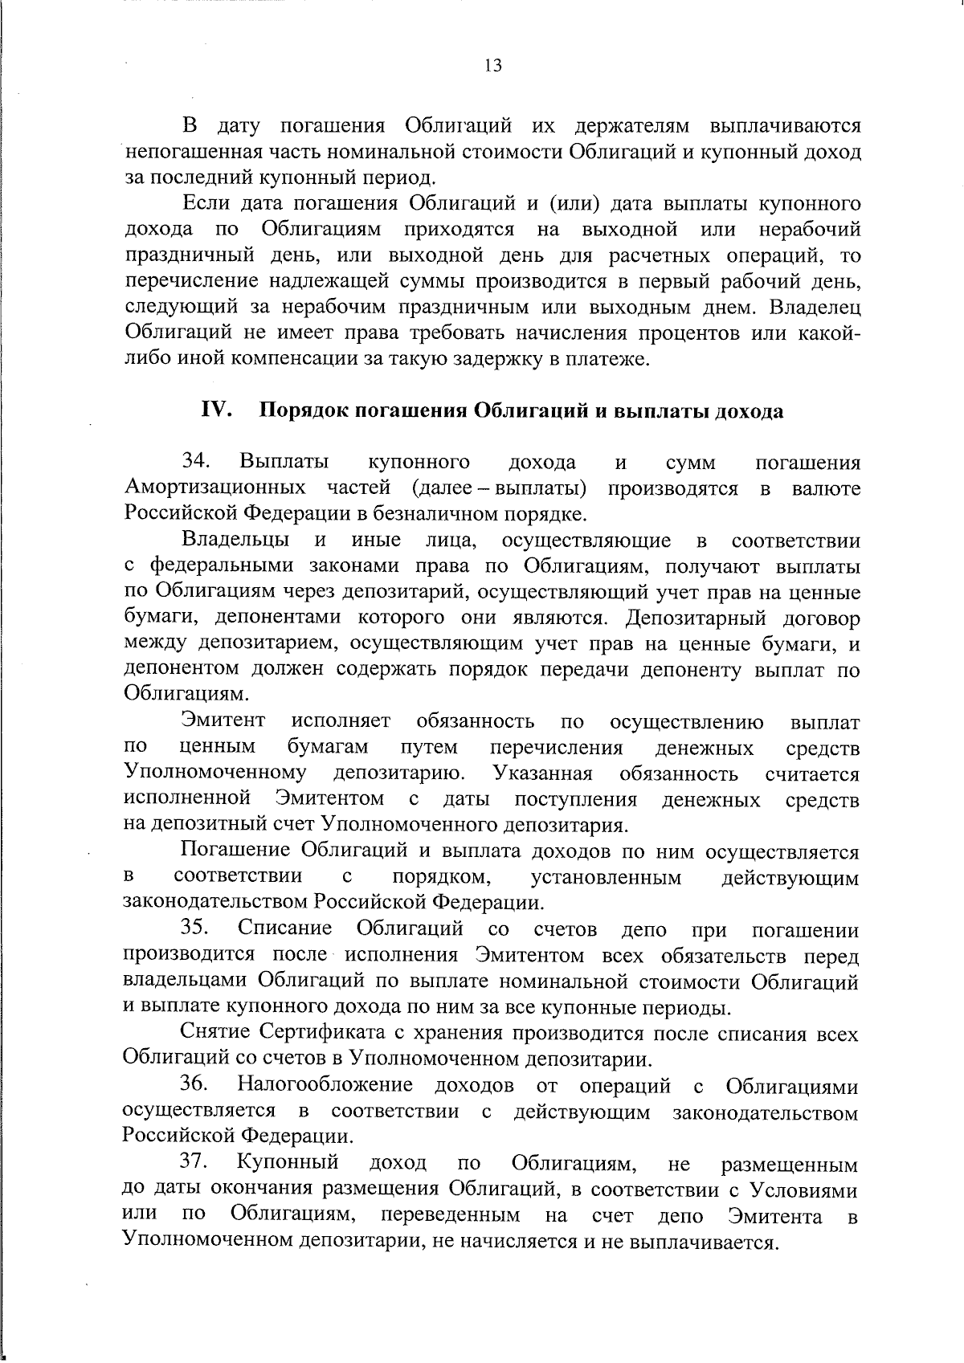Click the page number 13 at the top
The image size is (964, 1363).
click(x=493, y=66)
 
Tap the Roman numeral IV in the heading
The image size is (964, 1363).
click(x=216, y=410)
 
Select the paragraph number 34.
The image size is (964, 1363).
click(x=196, y=462)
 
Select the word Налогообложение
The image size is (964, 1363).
click(x=325, y=1086)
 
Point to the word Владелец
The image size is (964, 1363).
click(x=815, y=308)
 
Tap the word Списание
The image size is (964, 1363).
click(x=285, y=928)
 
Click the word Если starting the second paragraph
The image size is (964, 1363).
click(x=206, y=203)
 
